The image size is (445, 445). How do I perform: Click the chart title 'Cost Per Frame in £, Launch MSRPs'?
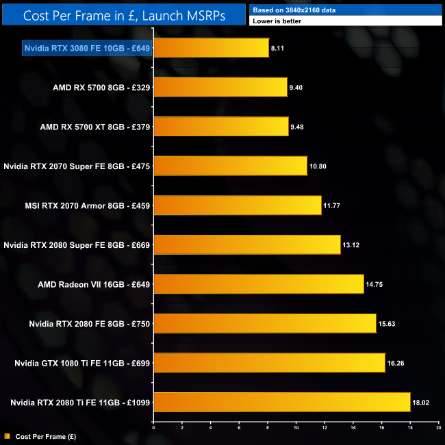point(123,14)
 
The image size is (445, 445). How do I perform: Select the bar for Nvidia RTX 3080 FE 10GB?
point(211,48)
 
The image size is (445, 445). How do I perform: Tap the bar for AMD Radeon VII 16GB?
point(258,283)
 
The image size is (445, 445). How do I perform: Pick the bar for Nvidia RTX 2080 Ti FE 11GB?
point(281,401)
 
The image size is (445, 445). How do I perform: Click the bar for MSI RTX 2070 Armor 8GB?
point(237,205)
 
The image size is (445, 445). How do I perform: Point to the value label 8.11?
point(278,49)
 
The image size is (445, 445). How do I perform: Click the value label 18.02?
point(421,402)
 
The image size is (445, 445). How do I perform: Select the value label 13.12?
point(351,244)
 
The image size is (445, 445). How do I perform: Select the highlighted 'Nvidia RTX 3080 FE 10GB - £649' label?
point(87,48)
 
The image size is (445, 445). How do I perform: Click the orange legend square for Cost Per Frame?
point(7,435)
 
